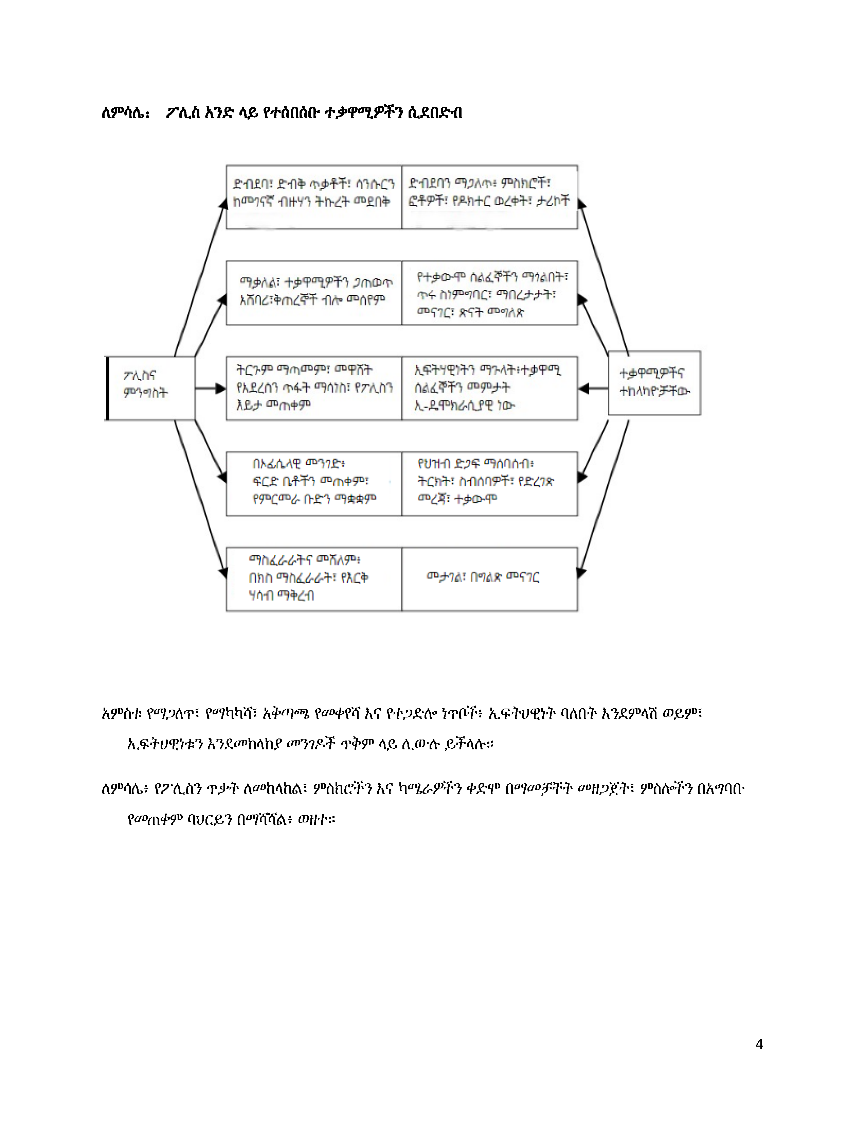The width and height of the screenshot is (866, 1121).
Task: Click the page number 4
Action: click(759, 1044)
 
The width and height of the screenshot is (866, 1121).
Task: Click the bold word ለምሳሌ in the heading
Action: click(125, 113)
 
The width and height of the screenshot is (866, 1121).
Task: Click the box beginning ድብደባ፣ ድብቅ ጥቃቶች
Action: click(314, 197)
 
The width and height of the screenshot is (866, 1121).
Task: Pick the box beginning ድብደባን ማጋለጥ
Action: click(490, 197)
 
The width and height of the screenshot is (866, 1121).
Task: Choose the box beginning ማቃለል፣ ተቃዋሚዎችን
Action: click(314, 292)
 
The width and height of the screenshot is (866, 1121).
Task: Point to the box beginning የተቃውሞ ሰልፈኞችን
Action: click(490, 292)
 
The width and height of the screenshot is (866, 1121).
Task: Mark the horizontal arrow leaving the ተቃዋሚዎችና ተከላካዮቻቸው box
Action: click(594, 389)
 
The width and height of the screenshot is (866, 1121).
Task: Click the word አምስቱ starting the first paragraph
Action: click(122, 713)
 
